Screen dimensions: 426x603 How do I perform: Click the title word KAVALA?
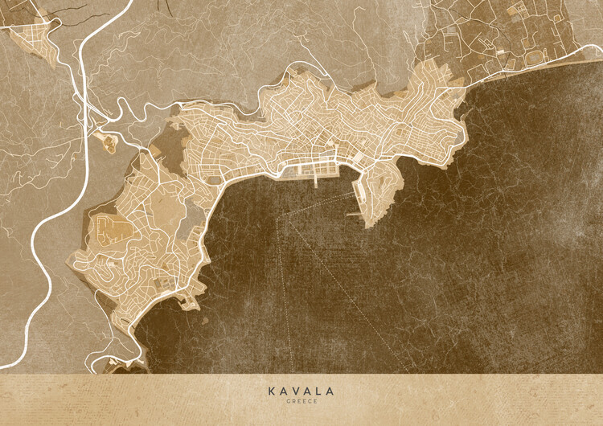click(301, 391)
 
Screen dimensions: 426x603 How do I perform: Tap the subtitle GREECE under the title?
click(301, 401)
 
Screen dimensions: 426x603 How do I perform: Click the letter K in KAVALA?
click(271, 391)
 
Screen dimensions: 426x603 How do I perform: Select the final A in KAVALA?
click(330, 391)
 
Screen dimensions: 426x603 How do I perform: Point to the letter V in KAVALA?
click(295, 391)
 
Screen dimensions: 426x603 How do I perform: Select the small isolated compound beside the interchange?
click(109, 143)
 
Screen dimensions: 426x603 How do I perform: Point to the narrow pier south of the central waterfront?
click(316, 181)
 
